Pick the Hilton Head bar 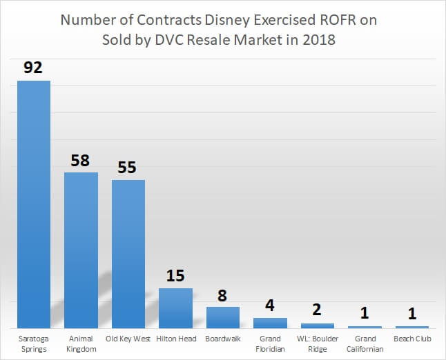(x=175, y=308)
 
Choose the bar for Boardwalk (x=223, y=317)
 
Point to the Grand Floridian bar (x=270, y=323)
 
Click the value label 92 (x=34, y=68)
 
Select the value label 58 (x=81, y=160)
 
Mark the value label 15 (x=175, y=276)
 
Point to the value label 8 (x=223, y=294)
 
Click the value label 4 (x=270, y=306)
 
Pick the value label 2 (x=318, y=311)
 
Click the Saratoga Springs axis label (x=34, y=343)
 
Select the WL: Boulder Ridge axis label (x=318, y=343)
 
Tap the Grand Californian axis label (x=365, y=343)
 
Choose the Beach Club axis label (x=412, y=339)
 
